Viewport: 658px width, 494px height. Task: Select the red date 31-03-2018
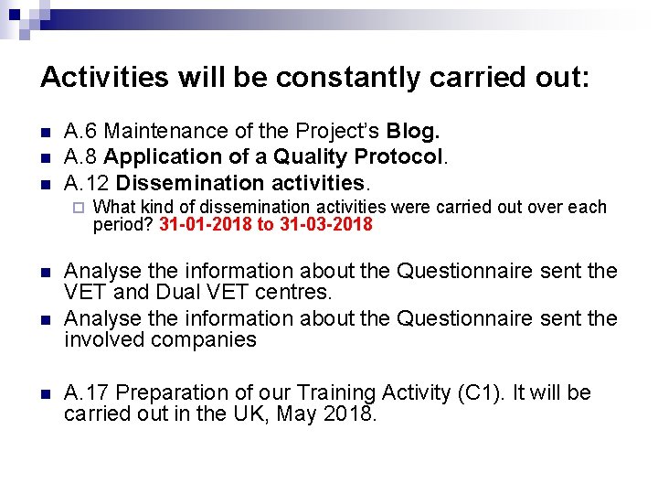(327, 225)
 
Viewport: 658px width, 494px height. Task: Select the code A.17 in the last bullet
(87, 393)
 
